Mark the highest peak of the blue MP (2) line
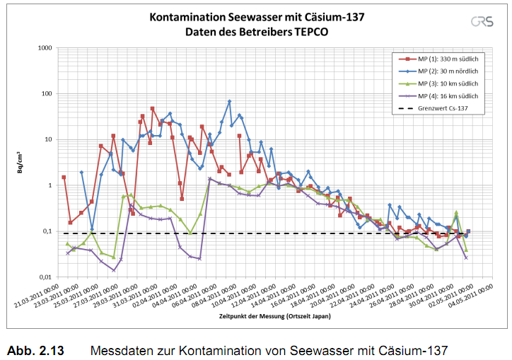pyautogui.click(x=229, y=102)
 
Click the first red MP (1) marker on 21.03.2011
pyautogui.click(x=64, y=178)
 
